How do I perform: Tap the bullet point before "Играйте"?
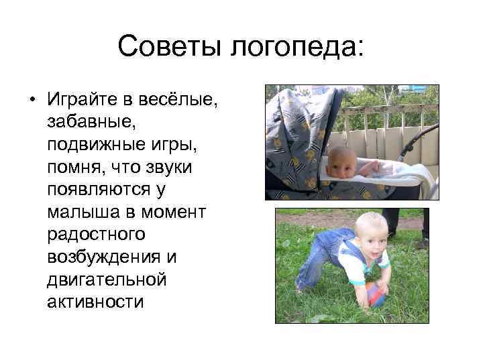(32, 101)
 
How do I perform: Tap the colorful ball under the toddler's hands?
(376, 294)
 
